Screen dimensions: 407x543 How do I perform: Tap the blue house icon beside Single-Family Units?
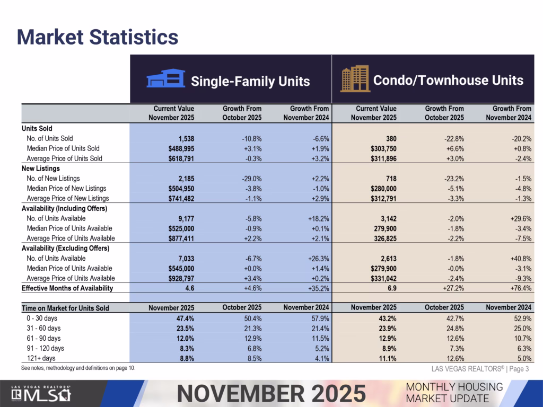pyautogui.click(x=165, y=80)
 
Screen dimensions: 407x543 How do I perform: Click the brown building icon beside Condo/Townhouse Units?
pyautogui.click(x=355, y=79)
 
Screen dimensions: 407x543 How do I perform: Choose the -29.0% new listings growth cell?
pyautogui.click(x=250, y=179)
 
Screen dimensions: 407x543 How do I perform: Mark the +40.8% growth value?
pyautogui.click(x=520, y=259)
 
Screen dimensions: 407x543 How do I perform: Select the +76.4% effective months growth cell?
pyautogui.click(x=520, y=289)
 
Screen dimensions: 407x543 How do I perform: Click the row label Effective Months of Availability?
pyautogui.click(x=67, y=288)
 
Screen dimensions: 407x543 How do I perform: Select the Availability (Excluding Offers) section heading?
pyautogui.click(x=65, y=249)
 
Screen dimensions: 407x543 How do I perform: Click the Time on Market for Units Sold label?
pyautogui.click(x=65, y=308)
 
